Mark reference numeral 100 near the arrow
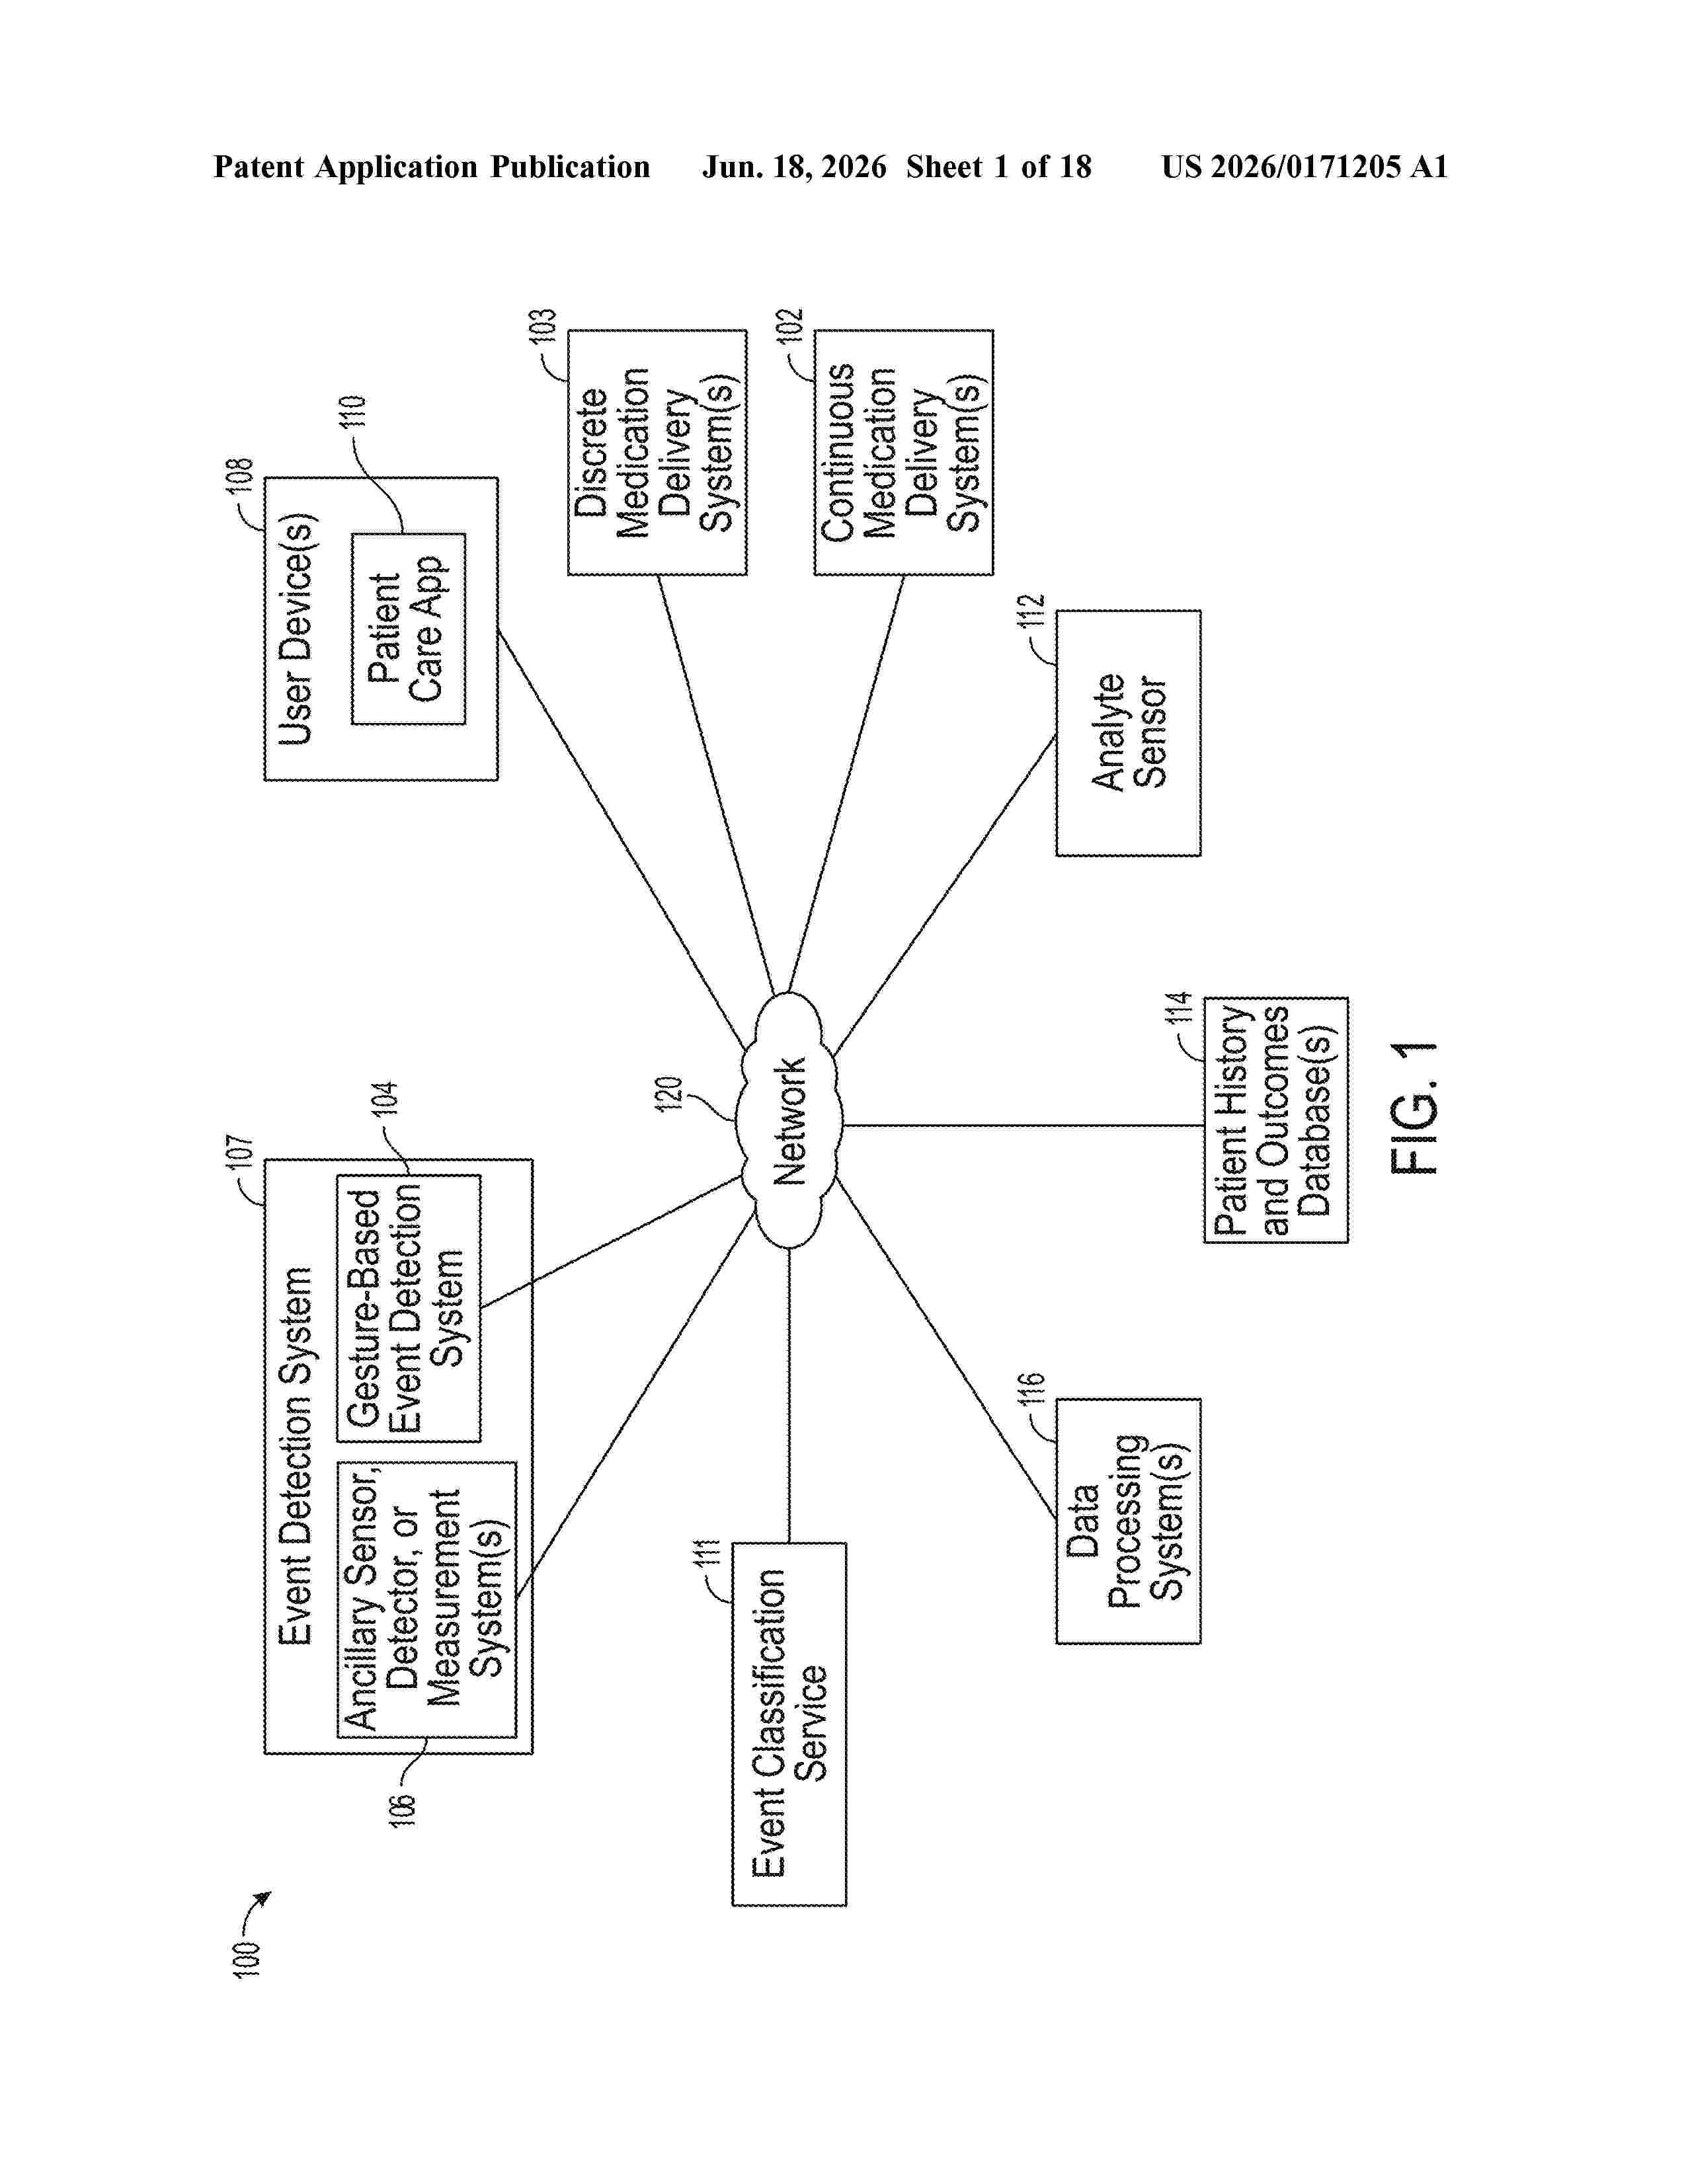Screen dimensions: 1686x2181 coord(246,1958)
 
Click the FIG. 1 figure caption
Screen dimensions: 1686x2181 coord(1414,1108)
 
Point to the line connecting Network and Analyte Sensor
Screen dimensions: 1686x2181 coord(944,896)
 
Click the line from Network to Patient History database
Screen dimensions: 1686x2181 coord(1024,1126)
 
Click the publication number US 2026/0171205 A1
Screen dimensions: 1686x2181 coord(1305,167)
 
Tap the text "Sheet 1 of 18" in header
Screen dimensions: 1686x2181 coord(999,167)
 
